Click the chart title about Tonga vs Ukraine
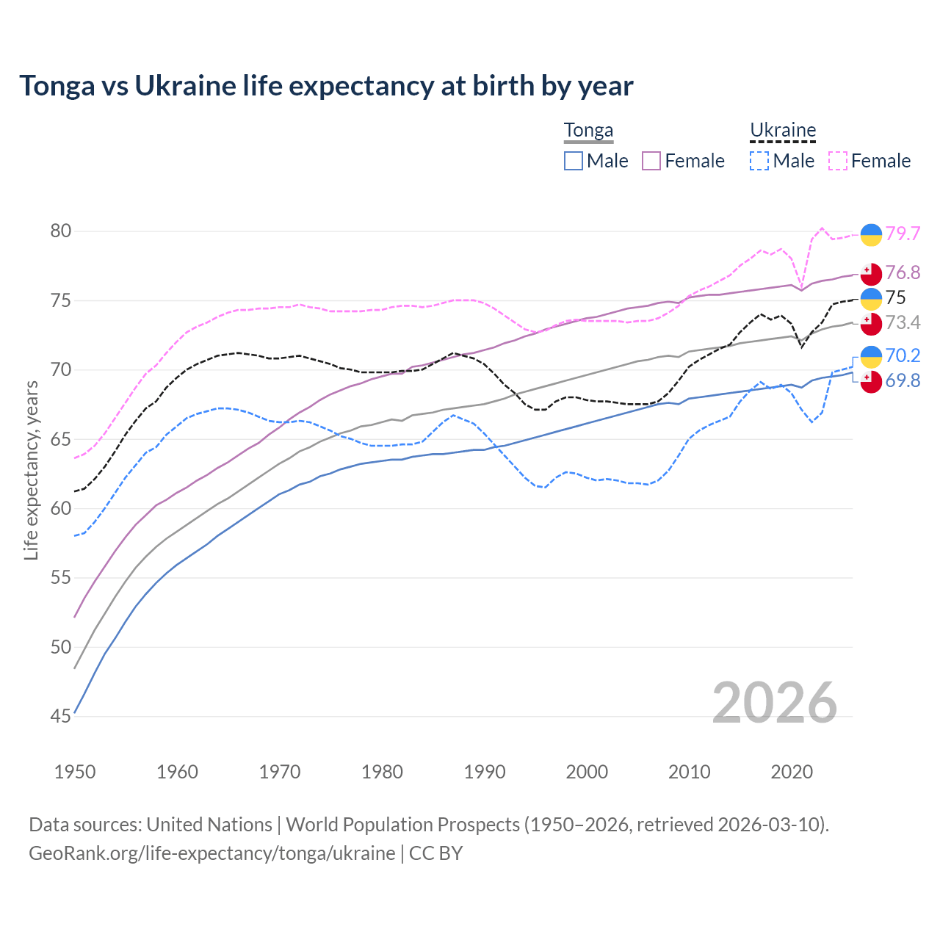point(326,86)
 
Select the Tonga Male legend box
point(574,161)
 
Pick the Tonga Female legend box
point(651,161)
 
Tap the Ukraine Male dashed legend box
point(759,161)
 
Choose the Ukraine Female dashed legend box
point(838,161)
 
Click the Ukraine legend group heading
point(783,130)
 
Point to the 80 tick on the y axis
point(61,231)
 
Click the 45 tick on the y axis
point(61,716)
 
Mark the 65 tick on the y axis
point(61,439)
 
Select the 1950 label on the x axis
point(75,772)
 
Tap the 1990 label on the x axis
point(485,772)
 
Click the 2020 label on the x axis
point(792,772)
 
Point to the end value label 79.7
point(903,234)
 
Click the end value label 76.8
point(903,273)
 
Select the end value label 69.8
point(903,380)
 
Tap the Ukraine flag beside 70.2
point(871,356)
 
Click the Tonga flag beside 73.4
point(871,323)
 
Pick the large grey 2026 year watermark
point(775,703)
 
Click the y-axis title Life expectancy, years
point(31,470)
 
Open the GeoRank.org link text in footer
point(211,853)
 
